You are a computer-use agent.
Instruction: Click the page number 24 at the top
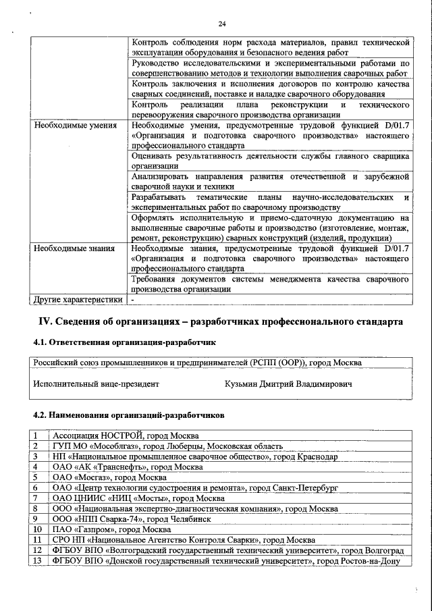tap(221, 25)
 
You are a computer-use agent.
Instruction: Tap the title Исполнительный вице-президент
tap(96, 384)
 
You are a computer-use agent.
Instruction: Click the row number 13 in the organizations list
tap(37, 561)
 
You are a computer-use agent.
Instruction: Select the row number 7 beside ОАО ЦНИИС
tap(34, 498)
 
